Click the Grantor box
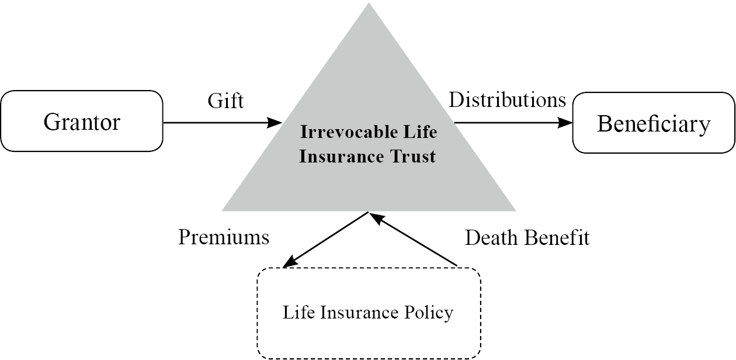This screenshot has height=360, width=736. [x=82, y=122]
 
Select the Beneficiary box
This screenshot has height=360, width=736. [x=654, y=123]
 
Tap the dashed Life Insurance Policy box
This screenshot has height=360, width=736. [x=369, y=313]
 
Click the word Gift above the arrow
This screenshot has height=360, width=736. [x=225, y=101]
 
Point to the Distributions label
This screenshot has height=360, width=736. [x=507, y=100]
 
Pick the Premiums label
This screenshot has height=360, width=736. [x=224, y=237]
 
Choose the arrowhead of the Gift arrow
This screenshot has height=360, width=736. [x=276, y=123]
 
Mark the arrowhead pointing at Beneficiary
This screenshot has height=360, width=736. [x=567, y=123]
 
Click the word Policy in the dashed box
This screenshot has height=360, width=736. [x=432, y=313]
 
